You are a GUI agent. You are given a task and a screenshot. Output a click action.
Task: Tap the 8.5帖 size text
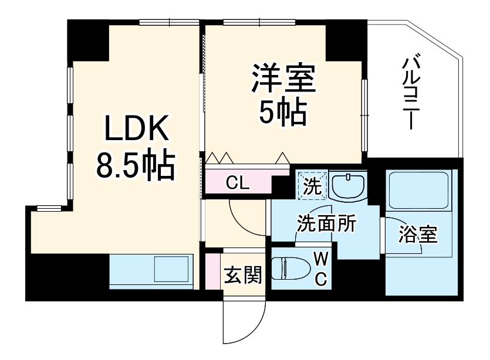coord(136,166)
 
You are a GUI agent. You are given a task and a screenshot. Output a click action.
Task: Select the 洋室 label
coord(285,79)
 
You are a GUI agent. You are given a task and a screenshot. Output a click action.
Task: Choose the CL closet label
coord(238,183)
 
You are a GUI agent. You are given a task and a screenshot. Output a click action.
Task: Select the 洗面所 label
coord(326,225)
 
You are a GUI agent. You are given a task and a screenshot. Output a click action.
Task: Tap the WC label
coord(320,269)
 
